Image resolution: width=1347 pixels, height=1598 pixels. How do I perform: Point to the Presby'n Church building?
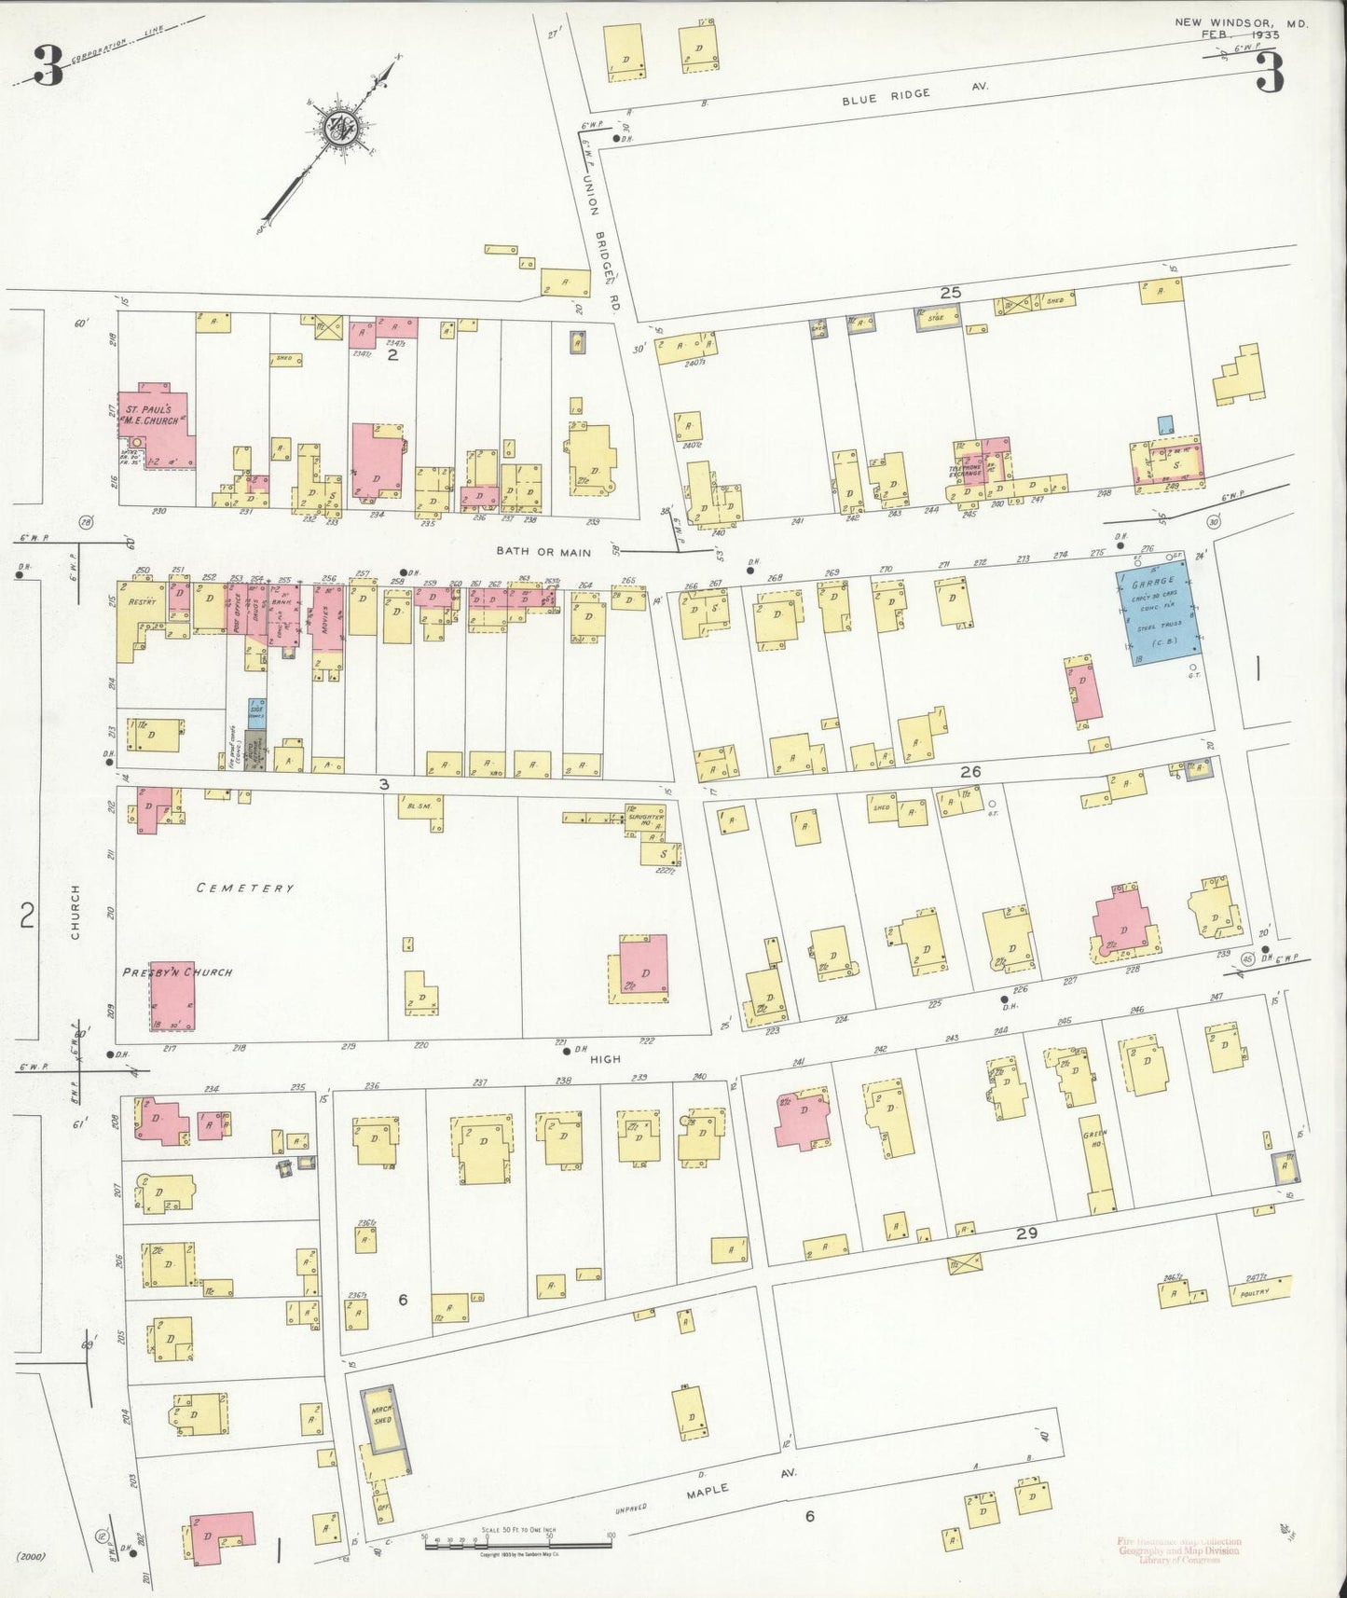[x=172, y=998]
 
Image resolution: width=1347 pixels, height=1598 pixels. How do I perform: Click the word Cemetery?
[x=245, y=889]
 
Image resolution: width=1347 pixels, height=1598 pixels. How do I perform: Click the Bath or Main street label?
[x=543, y=552]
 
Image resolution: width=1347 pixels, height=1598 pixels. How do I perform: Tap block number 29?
[x=1026, y=1233]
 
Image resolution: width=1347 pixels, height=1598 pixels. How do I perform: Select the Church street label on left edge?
[x=75, y=911]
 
